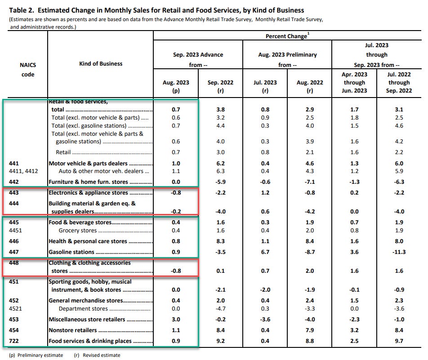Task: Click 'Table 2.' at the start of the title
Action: coord(16,10)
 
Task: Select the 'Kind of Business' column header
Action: coord(100,63)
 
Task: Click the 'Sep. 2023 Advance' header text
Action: coord(198,54)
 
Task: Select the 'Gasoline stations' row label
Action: coord(71,252)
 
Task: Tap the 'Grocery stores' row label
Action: coord(78,231)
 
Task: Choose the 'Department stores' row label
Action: coord(83,309)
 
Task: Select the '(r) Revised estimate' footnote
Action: coord(97,355)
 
